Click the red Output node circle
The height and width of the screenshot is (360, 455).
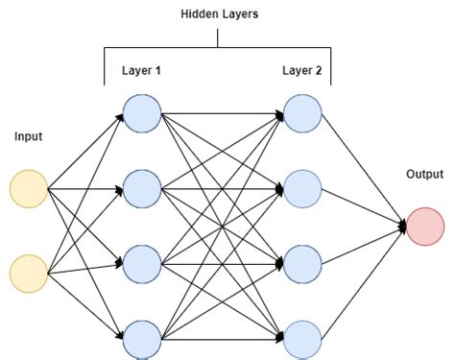tap(425, 227)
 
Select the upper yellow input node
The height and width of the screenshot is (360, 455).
tap(29, 188)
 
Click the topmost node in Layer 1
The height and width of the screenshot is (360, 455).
tap(142, 112)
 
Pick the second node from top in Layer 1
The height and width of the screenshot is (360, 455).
tap(142, 187)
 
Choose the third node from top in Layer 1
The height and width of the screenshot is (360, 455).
tap(142, 263)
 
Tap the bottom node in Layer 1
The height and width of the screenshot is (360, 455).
tap(142, 338)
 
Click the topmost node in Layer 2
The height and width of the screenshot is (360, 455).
tap(301, 112)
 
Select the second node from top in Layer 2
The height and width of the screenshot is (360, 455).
tap(301, 187)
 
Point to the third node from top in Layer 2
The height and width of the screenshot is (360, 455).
tap(301, 263)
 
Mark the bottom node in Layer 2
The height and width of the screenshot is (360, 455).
tap(301, 338)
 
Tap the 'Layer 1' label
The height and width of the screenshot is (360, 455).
tap(142, 71)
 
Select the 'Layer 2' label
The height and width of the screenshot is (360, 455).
tap(301, 71)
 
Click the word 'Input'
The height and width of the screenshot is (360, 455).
tap(29, 137)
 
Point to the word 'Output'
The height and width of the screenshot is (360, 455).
tap(425, 175)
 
